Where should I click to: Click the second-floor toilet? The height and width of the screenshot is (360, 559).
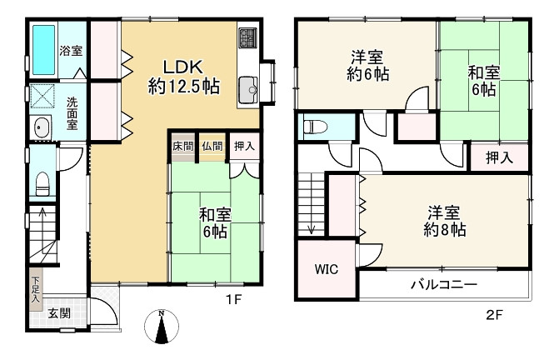315,127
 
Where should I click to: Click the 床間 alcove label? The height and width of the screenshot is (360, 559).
183,147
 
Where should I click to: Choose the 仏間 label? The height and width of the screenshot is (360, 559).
212,147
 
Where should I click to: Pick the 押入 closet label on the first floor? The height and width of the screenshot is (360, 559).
242,147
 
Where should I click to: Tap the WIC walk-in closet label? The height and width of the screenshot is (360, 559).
326,270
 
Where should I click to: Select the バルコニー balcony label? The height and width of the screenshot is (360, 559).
443,285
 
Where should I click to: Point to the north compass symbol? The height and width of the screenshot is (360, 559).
162,327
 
